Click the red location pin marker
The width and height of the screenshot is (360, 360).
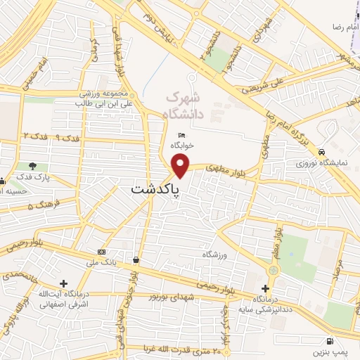[x=181, y=165]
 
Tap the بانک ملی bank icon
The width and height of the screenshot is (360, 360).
[x=103, y=252]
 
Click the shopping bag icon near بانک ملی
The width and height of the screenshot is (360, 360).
[x=136, y=260]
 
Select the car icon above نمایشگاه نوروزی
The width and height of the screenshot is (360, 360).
[x=321, y=151]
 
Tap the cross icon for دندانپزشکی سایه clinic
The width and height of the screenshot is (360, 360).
[x=265, y=288]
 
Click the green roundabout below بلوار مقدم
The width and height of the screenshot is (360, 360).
[x=273, y=269]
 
